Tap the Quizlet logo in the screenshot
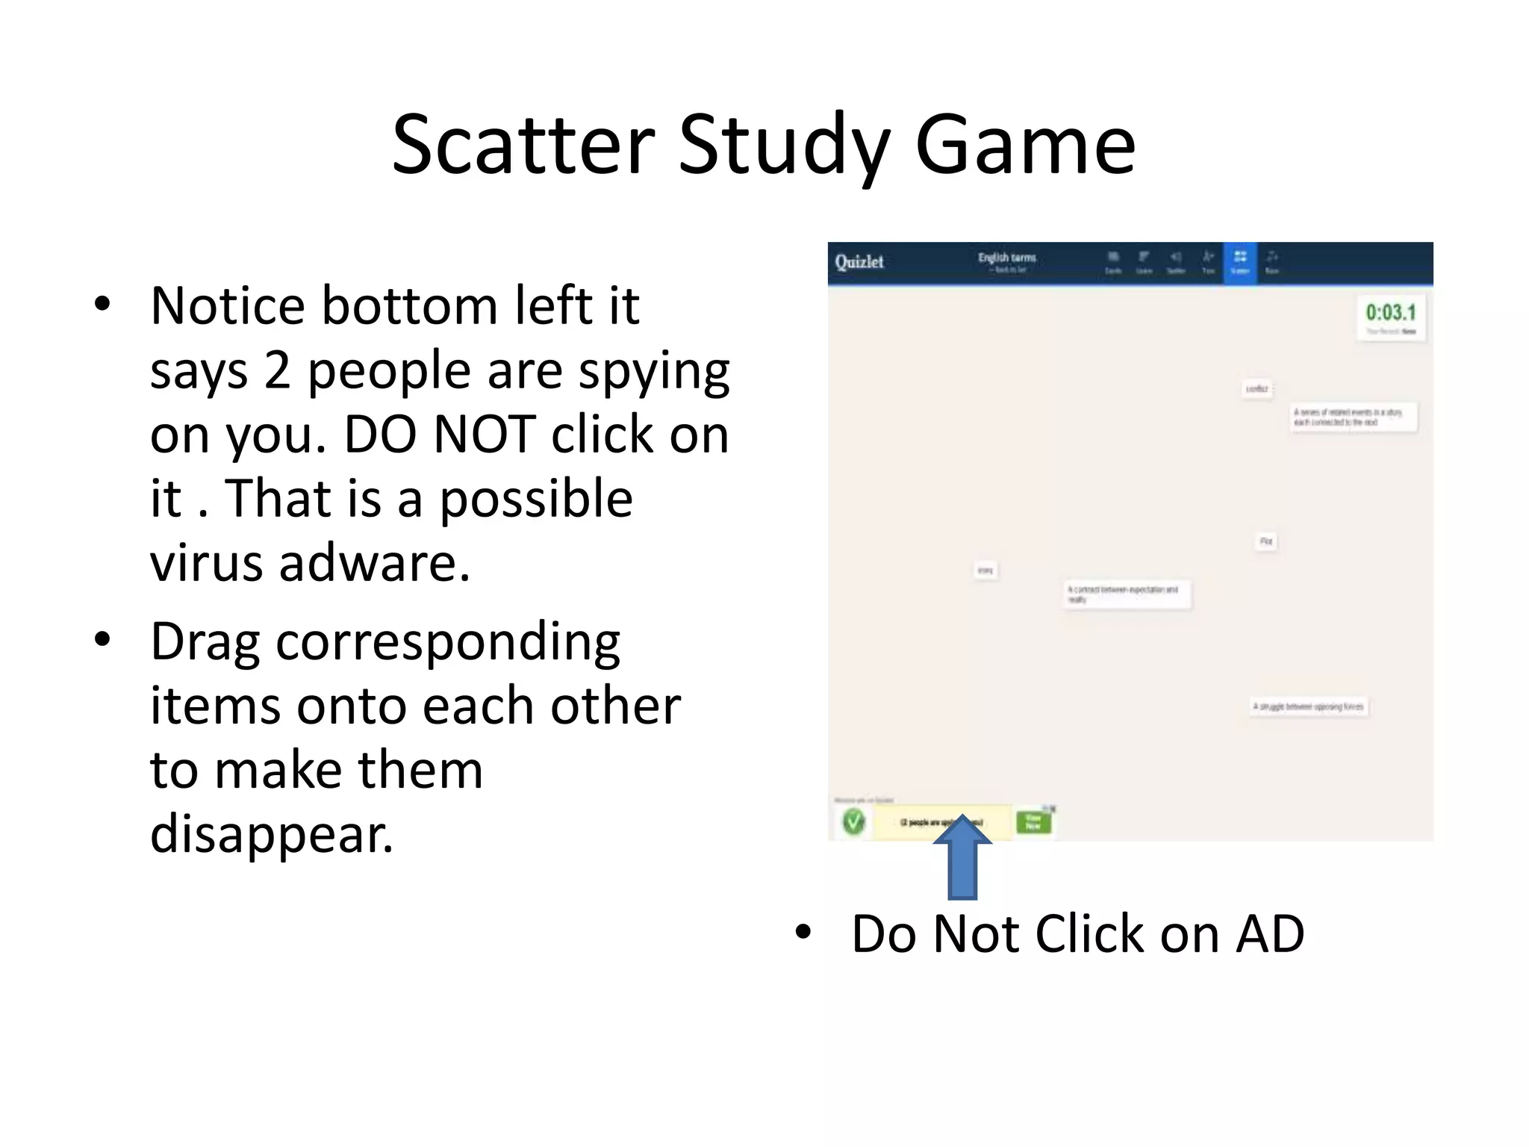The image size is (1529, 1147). pos(859,262)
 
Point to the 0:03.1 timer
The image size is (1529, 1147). pos(1390,313)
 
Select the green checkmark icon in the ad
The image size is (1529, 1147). pos(853,822)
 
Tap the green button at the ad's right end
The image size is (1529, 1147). pos(1033,822)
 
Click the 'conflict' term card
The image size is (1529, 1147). pos(1257,389)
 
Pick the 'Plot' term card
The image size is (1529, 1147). pos(1266,541)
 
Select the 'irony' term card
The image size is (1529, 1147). pos(985,571)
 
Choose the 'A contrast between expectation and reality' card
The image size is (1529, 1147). pos(1127,594)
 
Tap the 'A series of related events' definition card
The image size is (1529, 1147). pos(1353,417)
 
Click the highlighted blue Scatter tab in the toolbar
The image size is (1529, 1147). pos(1240,263)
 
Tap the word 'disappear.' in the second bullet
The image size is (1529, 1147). pos(272,834)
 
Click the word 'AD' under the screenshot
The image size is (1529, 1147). pos(1270,934)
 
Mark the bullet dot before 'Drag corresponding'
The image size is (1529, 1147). pos(103,640)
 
